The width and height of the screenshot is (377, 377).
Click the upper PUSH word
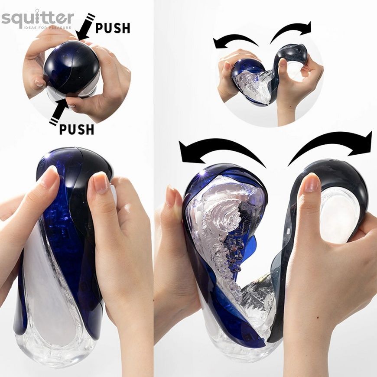click(x=113, y=28)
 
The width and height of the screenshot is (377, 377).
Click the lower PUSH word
click(x=76, y=130)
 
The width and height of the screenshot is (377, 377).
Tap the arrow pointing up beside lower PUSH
click(x=59, y=111)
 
